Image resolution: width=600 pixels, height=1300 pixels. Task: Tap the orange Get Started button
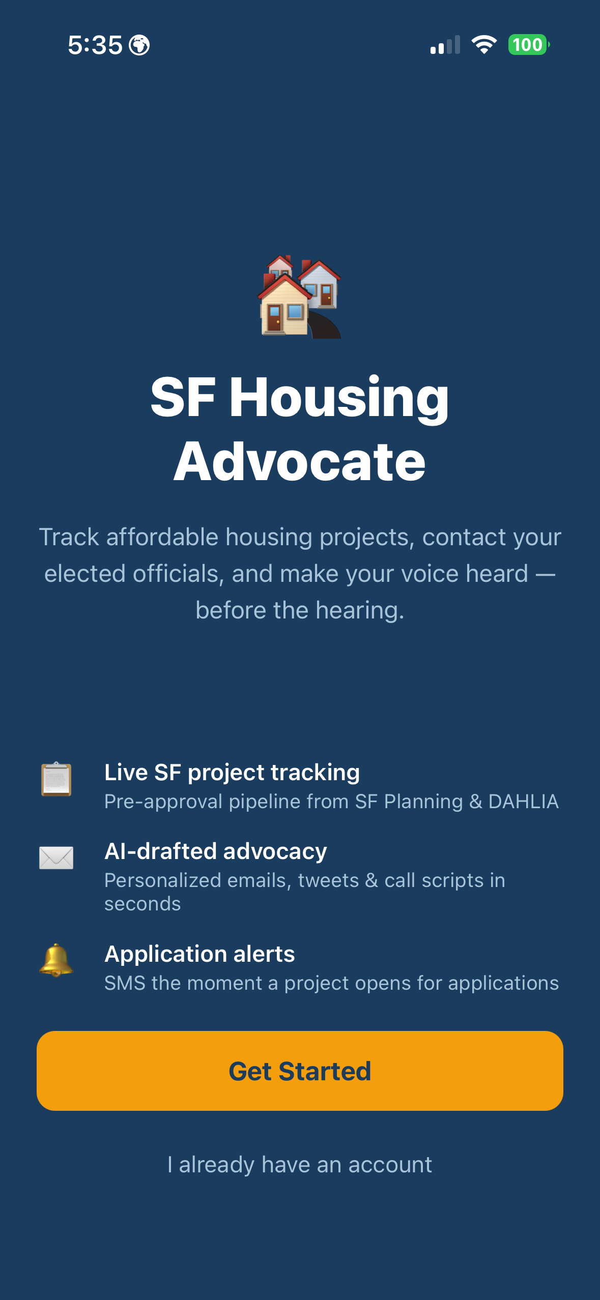point(300,1071)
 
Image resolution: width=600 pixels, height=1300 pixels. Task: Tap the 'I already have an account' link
point(300,1164)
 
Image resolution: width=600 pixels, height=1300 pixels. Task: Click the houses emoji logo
point(300,297)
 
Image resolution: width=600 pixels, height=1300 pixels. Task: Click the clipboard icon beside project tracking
point(56,779)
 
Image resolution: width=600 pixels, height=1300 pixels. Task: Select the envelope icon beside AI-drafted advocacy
point(56,858)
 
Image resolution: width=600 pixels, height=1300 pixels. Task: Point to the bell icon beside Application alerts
point(56,960)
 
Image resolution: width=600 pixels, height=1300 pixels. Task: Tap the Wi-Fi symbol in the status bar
point(484,45)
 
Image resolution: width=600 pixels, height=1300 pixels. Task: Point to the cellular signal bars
point(445,45)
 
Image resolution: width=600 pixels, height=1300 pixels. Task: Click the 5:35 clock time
point(95,45)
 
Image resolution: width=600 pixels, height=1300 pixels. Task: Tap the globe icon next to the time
point(139,45)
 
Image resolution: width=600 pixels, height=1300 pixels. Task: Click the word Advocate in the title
point(300,461)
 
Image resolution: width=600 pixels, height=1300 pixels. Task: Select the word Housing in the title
point(339,398)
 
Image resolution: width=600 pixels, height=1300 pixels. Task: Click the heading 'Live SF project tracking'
point(232,772)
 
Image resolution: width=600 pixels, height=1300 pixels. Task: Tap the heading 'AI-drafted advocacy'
point(216,851)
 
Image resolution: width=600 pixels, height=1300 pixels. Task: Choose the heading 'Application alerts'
point(199,954)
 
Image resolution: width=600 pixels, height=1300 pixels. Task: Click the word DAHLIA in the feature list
point(524,801)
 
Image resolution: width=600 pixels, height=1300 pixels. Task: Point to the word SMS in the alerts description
point(125,983)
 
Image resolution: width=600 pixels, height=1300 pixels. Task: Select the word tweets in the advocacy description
point(328,880)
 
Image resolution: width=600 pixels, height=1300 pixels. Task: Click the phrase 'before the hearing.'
point(300,610)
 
